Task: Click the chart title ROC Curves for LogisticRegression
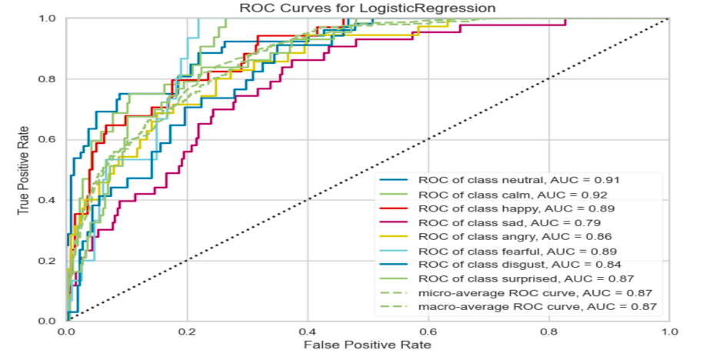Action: click(368, 8)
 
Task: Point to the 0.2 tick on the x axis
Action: click(187, 332)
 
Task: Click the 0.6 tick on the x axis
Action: click(428, 332)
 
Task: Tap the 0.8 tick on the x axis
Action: click(549, 332)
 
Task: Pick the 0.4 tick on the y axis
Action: click(51, 200)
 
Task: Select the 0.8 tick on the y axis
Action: click(51, 78)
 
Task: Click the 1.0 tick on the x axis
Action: click(670, 332)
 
